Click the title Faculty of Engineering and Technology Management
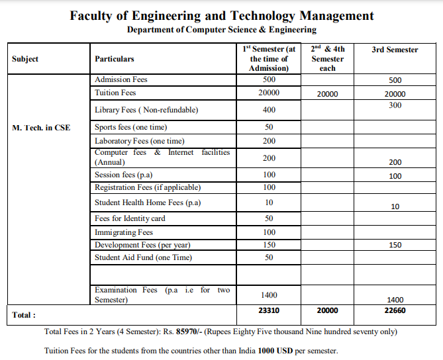point(221,15)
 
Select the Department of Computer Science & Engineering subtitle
point(221,30)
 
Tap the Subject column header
point(25,59)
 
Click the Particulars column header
point(114,59)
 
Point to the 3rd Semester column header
point(395,50)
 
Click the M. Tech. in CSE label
point(41,127)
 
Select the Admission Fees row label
point(121,79)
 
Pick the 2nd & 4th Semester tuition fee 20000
point(327,94)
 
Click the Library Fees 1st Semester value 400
point(269,110)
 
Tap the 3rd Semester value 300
point(395,105)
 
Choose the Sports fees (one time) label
point(130,127)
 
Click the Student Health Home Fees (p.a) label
point(148,202)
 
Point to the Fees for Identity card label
point(130,218)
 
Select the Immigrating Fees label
point(124,232)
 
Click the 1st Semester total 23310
point(269,310)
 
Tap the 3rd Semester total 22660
point(395,310)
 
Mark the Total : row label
point(24,315)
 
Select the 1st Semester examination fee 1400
point(269,295)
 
